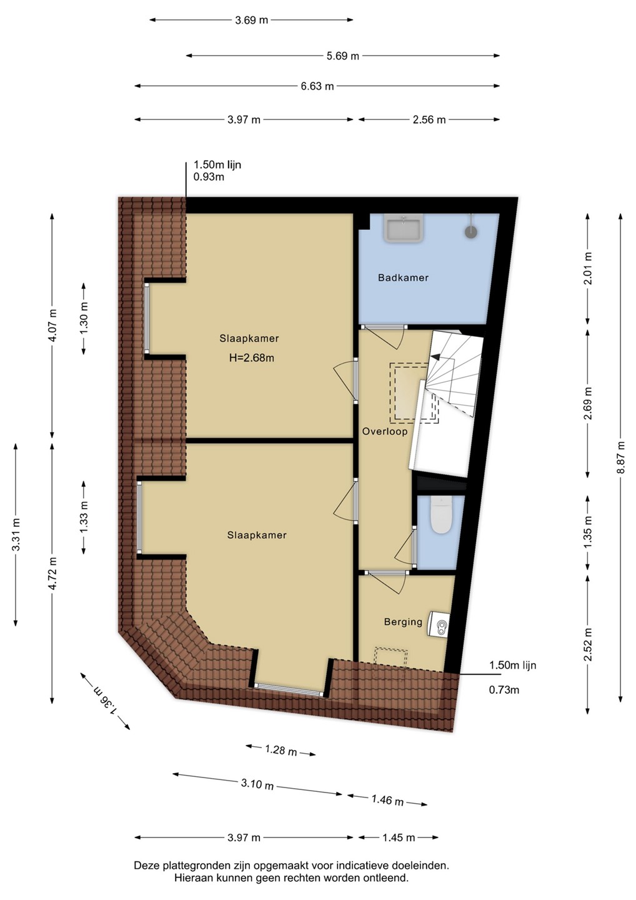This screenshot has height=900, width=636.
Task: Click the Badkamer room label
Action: click(x=403, y=277)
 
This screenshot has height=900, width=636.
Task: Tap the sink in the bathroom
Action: click(x=404, y=227)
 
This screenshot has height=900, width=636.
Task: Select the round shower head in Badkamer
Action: click(x=471, y=232)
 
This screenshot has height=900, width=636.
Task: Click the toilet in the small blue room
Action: click(x=441, y=516)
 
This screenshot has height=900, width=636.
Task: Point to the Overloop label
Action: click(x=385, y=431)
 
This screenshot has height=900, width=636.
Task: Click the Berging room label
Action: click(x=403, y=622)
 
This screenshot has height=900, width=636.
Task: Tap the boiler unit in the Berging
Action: click(x=439, y=624)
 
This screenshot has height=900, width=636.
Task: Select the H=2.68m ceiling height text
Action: click(x=252, y=357)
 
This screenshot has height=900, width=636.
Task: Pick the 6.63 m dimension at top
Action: click(x=317, y=86)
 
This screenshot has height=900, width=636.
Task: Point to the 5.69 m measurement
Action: click(x=342, y=56)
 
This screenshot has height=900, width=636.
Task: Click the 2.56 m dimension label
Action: click(x=429, y=120)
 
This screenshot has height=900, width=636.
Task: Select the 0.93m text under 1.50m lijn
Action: click(x=209, y=177)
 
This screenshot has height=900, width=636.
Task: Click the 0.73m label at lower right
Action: click(x=504, y=690)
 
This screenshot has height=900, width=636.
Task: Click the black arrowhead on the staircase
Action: click(x=434, y=356)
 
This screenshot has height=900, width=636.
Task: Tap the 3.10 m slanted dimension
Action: click(x=257, y=784)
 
